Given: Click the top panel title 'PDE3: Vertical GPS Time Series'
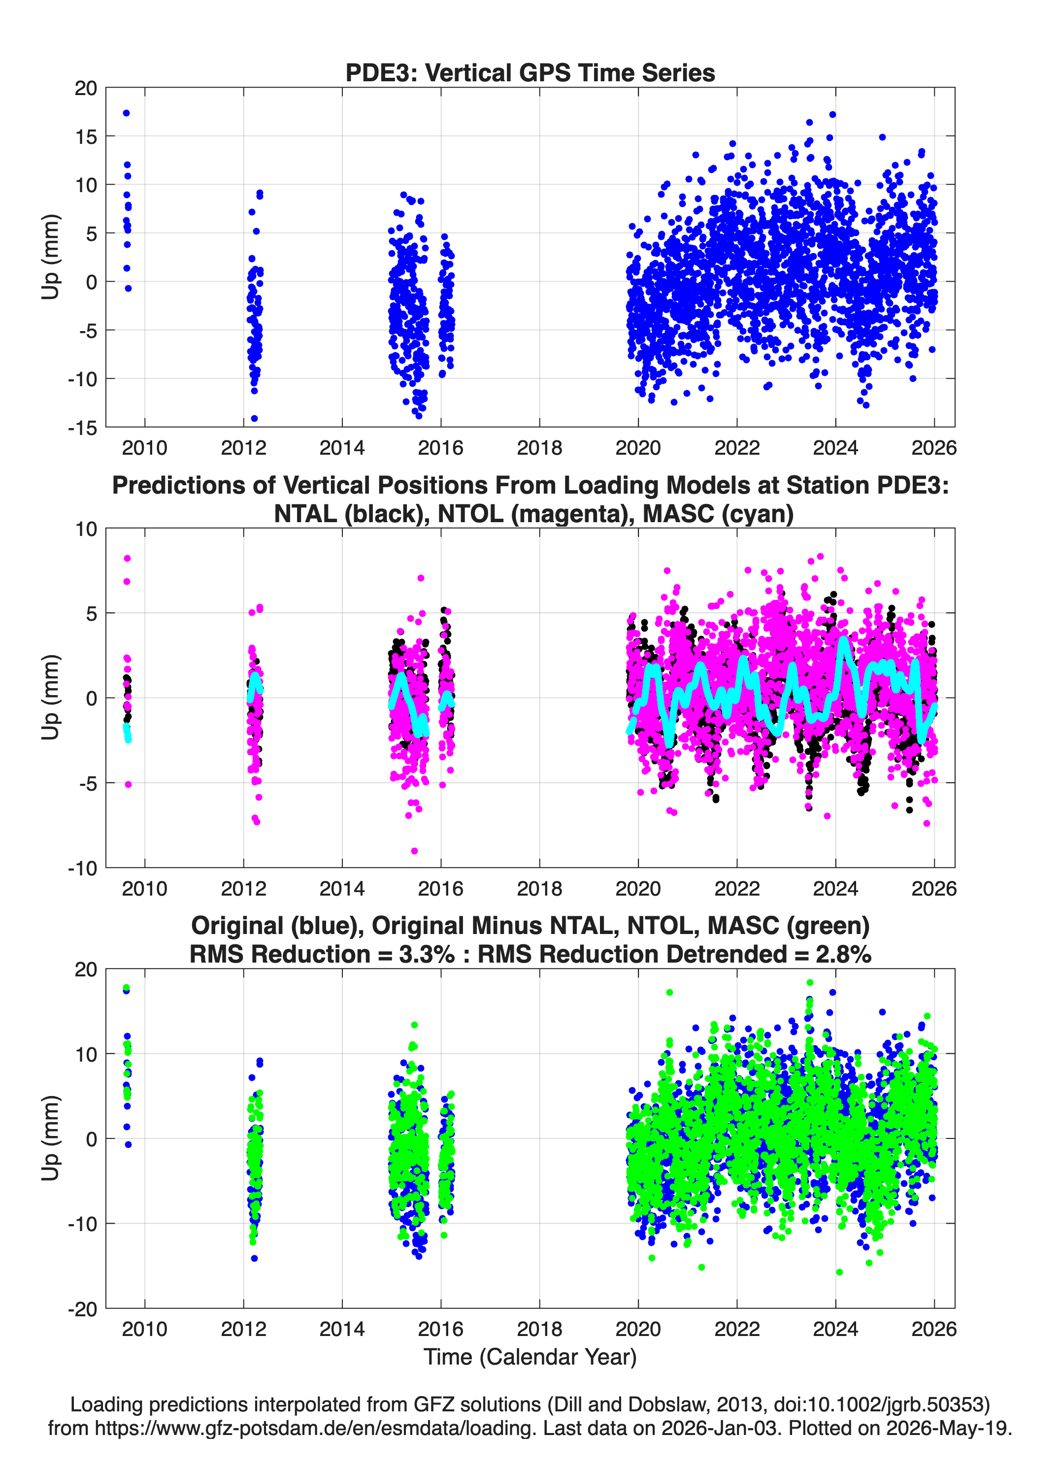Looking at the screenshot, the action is pyautogui.click(x=530, y=72).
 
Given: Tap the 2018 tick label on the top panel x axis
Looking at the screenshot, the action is pyautogui.click(x=539, y=448).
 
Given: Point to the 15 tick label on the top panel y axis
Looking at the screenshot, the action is pyautogui.click(x=86, y=136).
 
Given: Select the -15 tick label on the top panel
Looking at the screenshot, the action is pyautogui.click(x=82, y=428).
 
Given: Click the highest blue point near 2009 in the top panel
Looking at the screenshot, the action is pyautogui.click(x=126, y=113).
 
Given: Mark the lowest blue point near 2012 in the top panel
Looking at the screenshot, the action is pyautogui.click(x=254, y=418).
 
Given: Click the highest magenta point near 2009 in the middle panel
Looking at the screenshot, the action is pyautogui.click(x=128, y=558).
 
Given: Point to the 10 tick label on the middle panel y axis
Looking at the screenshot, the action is pyautogui.click(x=86, y=529).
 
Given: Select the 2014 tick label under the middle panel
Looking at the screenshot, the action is pyautogui.click(x=342, y=889).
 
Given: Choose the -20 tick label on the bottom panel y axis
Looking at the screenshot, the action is pyautogui.click(x=82, y=1309).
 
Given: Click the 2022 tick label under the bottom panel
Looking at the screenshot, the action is pyautogui.click(x=737, y=1330).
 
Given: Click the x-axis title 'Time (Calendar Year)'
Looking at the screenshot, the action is pyautogui.click(x=530, y=1357).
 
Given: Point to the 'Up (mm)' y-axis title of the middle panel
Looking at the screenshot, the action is pyautogui.click(x=51, y=698).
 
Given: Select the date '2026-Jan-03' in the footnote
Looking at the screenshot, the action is pyautogui.click(x=720, y=1428).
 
